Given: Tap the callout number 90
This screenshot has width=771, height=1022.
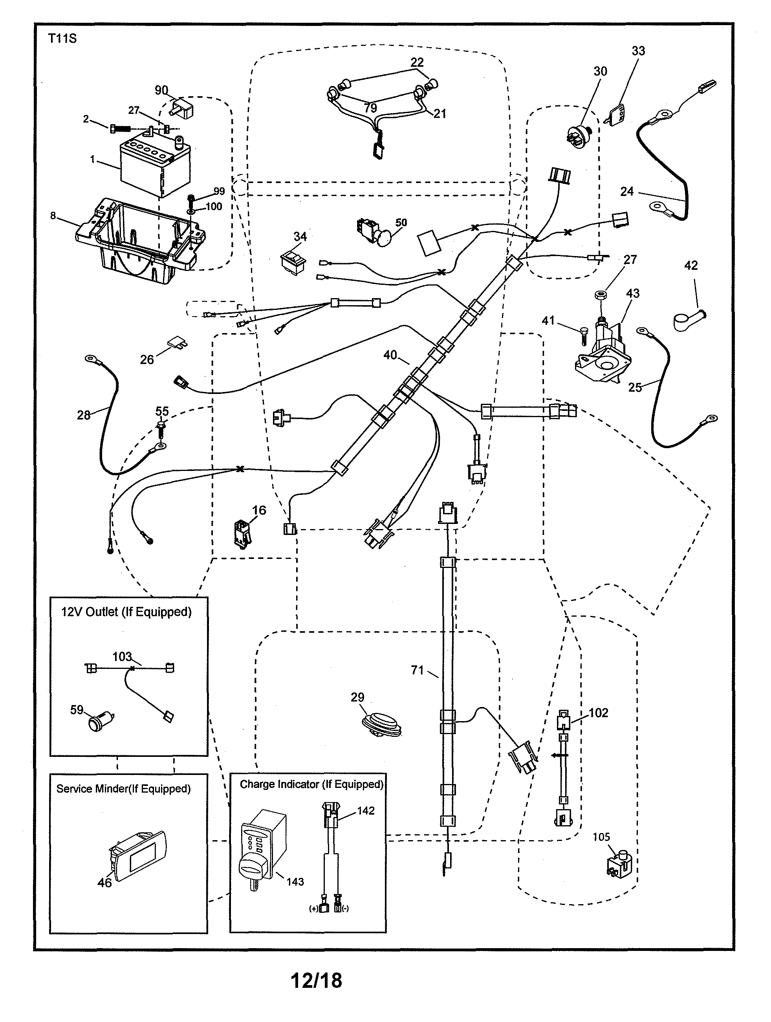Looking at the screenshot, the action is click(161, 91).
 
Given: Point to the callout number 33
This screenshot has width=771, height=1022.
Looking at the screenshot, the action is click(638, 51).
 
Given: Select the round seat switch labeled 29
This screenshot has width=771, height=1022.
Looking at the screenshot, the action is click(382, 724).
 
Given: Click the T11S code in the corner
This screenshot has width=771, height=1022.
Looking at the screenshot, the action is click(62, 39).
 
